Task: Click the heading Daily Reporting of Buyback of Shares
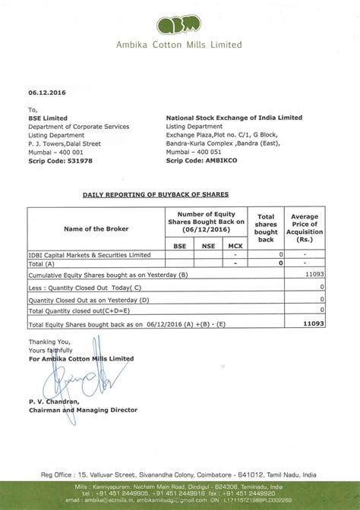pos(155,194)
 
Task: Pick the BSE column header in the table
pos(179,246)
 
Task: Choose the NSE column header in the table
pos(207,246)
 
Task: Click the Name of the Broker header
pos(96,228)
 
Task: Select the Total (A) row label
pos(43,263)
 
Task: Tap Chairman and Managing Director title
pos(83,410)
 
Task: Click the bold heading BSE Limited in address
pos(47,118)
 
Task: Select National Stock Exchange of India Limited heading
pos(234,118)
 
